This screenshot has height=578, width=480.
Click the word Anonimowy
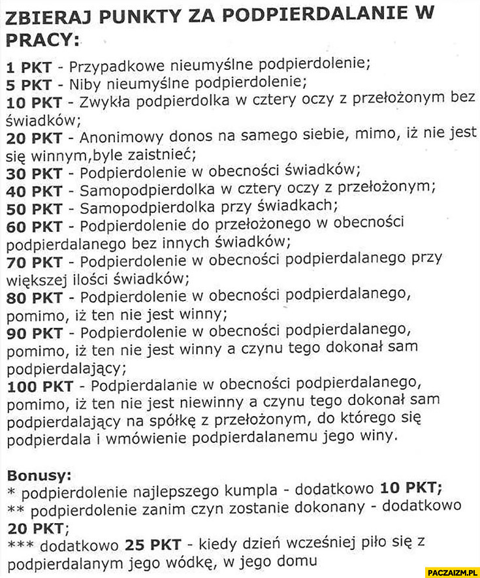coord(119,138)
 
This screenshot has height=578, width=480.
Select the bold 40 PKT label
coord(34,190)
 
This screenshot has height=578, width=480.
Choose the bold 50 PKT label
coord(34,208)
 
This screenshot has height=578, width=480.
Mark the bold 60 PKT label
coord(34,226)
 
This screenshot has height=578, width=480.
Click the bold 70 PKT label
coord(34,261)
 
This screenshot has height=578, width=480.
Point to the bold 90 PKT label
coord(34,332)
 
